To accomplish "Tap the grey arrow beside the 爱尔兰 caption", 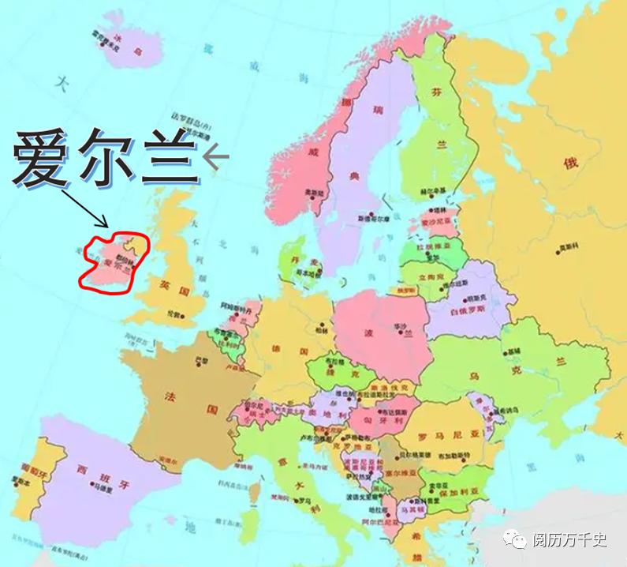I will pyautogui.click(x=215, y=158).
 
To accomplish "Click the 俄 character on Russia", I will pyautogui.click(x=569, y=162).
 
